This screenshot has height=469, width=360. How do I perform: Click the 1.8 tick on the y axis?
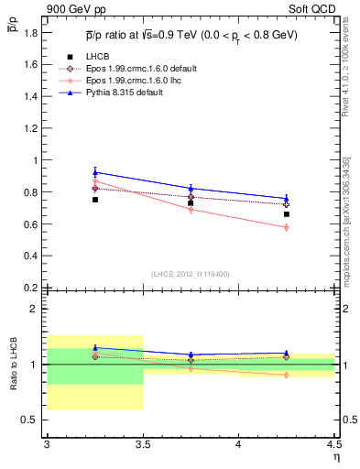point(33,33)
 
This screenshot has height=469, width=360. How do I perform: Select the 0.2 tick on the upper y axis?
point(33,288)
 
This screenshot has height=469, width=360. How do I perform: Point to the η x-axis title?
point(335,457)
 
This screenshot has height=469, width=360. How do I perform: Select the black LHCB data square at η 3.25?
point(94,199)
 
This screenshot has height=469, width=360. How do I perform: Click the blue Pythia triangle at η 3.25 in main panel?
point(94,171)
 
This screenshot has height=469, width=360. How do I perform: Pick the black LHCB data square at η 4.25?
point(287,214)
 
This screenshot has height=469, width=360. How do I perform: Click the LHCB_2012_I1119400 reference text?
point(191,274)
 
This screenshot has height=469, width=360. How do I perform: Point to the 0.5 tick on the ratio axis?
point(33,420)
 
